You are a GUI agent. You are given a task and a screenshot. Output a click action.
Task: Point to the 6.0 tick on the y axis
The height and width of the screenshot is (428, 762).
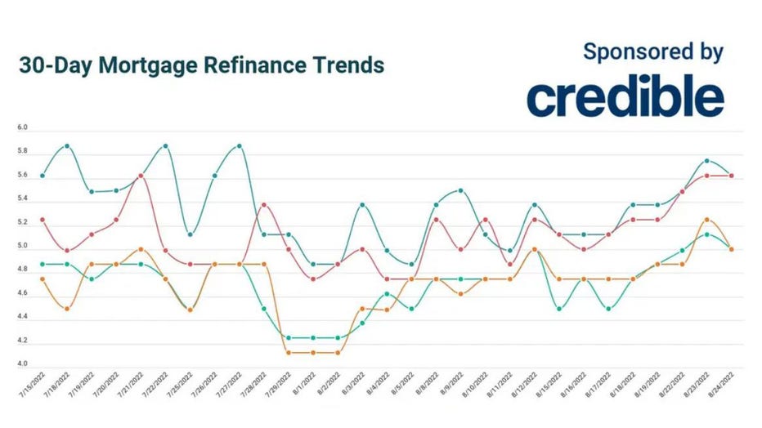pyautogui.click(x=22, y=128)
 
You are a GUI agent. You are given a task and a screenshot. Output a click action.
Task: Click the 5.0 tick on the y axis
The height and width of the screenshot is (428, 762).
pyautogui.click(x=22, y=247)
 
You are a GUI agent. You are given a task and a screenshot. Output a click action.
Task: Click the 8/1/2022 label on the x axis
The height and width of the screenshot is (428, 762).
pyautogui.click(x=305, y=384)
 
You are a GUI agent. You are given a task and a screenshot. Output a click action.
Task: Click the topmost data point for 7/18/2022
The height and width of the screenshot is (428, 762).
pyautogui.click(x=67, y=146)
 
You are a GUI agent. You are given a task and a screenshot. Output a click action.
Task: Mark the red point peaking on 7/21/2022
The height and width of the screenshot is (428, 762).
pyautogui.click(x=141, y=176)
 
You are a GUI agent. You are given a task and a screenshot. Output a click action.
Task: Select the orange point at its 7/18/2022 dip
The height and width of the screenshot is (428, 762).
pyautogui.click(x=67, y=309)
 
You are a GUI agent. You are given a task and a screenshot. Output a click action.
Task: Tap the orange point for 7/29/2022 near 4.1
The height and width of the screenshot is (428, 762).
pyautogui.click(x=289, y=353)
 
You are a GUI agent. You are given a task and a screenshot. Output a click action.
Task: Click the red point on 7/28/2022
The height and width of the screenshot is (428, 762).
pyautogui.click(x=263, y=205)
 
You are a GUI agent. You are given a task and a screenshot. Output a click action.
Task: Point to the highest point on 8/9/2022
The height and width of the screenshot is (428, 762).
pyautogui.click(x=461, y=190)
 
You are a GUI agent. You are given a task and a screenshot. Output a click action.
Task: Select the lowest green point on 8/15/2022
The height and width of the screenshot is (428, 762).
pyautogui.click(x=559, y=309)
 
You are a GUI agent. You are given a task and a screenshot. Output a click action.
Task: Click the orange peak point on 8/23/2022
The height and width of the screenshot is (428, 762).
pyautogui.click(x=707, y=220)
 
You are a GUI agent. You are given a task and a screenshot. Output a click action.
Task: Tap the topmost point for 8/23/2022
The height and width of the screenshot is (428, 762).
pyautogui.click(x=707, y=161)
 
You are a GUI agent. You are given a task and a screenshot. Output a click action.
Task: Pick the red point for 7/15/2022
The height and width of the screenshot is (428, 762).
pyautogui.click(x=43, y=220)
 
